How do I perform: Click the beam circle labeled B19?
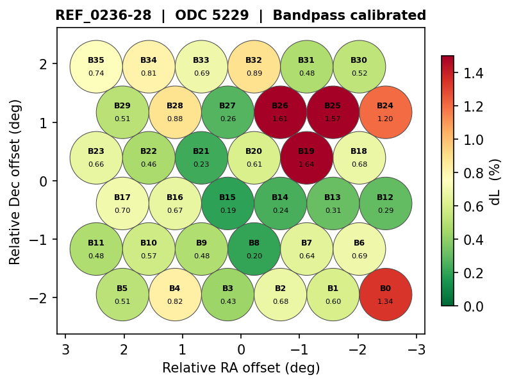[x=306, y=158]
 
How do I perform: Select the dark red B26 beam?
[x=280, y=112]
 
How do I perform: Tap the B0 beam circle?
[x=385, y=295]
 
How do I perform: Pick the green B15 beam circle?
[x=227, y=203]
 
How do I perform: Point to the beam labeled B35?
[x=96, y=67]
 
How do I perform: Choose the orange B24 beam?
[x=385, y=112]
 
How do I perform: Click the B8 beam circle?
[x=254, y=249]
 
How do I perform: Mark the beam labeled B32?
[x=254, y=67]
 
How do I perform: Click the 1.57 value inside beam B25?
[x=333, y=119]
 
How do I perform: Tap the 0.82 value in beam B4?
[x=175, y=302]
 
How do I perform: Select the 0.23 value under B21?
[x=201, y=165]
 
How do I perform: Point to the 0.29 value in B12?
[x=385, y=210]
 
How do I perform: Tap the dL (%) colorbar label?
[x=495, y=181]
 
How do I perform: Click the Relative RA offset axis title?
[x=241, y=368]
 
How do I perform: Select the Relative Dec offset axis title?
[x=15, y=181]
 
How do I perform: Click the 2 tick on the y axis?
[x=42, y=63]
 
